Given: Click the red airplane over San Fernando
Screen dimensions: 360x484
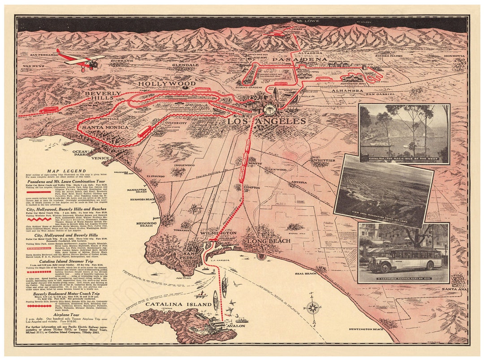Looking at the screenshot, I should coord(81,60).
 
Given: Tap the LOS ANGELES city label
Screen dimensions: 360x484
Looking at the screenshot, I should coord(266,121).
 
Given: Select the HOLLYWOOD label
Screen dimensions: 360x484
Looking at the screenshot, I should coord(167,84).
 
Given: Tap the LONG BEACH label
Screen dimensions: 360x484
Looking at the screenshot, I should coord(266,241).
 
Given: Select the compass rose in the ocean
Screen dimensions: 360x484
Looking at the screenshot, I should coord(313,308).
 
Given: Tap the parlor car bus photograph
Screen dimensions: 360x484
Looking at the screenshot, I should coord(404,253).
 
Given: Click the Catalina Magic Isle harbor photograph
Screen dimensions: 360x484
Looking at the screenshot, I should coord(404,134).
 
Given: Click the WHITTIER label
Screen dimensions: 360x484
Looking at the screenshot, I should coord(324,160).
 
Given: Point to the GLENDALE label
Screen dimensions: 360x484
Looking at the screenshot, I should coord(185,65).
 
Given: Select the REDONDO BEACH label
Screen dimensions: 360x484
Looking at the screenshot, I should coord(147,224).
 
